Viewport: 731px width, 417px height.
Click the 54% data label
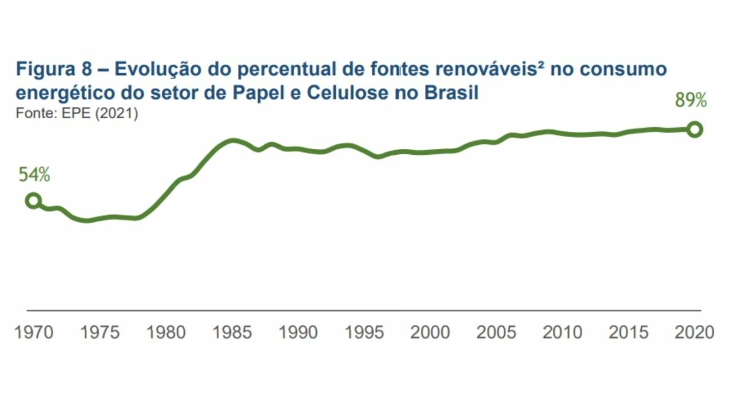[x=34, y=175]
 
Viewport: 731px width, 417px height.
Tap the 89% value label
[x=691, y=101]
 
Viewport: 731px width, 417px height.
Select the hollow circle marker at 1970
[x=34, y=201]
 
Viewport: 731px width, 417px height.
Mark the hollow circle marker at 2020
[x=694, y=130]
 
